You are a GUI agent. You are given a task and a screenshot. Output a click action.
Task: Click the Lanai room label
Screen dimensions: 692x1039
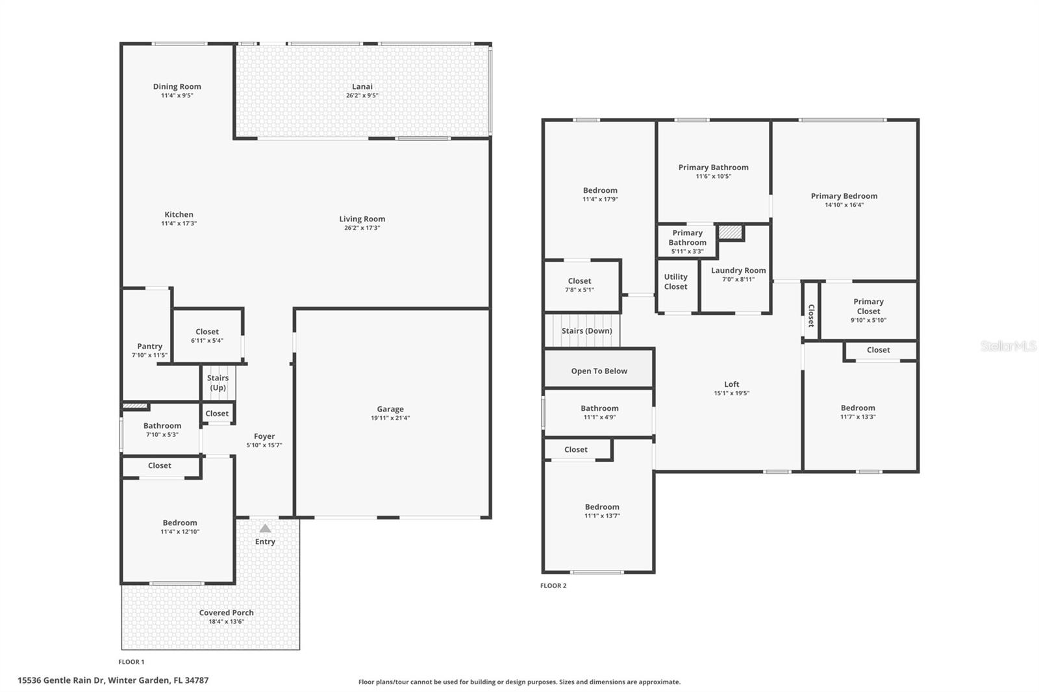362,86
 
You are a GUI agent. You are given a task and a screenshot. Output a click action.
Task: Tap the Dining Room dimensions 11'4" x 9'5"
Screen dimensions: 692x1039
177,95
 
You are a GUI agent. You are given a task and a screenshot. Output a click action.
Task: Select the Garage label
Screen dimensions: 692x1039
390,409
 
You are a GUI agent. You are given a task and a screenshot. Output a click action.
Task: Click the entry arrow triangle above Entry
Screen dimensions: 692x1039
265,528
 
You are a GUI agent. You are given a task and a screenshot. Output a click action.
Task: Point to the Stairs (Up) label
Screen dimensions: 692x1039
218,383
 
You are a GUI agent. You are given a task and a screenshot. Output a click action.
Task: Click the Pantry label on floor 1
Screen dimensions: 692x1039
149,346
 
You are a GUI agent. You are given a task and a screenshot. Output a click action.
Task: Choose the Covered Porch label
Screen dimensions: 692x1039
226,612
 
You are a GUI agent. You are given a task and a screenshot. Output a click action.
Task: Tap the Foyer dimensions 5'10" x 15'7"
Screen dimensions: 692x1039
264,445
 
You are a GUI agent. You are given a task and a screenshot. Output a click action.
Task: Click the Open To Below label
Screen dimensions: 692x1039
599,371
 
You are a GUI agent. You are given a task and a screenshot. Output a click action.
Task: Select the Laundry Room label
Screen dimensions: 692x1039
738,270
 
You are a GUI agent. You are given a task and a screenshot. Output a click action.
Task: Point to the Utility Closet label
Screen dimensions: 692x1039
675,282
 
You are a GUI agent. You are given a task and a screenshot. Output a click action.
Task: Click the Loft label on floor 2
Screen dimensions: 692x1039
732,384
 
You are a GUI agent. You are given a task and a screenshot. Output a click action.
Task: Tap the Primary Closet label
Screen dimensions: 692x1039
868,306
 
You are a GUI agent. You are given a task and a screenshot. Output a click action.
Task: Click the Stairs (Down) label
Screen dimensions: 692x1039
586,330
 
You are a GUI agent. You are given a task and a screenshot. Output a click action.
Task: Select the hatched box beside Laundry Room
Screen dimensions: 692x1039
731,232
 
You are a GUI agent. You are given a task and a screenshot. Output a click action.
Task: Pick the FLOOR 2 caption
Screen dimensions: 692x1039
553,586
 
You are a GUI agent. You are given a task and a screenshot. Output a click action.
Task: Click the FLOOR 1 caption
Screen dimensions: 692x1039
131,661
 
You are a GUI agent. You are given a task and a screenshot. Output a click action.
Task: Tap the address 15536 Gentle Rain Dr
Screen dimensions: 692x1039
113,680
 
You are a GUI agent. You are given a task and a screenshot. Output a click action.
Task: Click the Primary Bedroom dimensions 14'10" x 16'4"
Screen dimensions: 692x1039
844,205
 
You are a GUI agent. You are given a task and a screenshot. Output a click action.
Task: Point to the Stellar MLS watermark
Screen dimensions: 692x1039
1008,346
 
